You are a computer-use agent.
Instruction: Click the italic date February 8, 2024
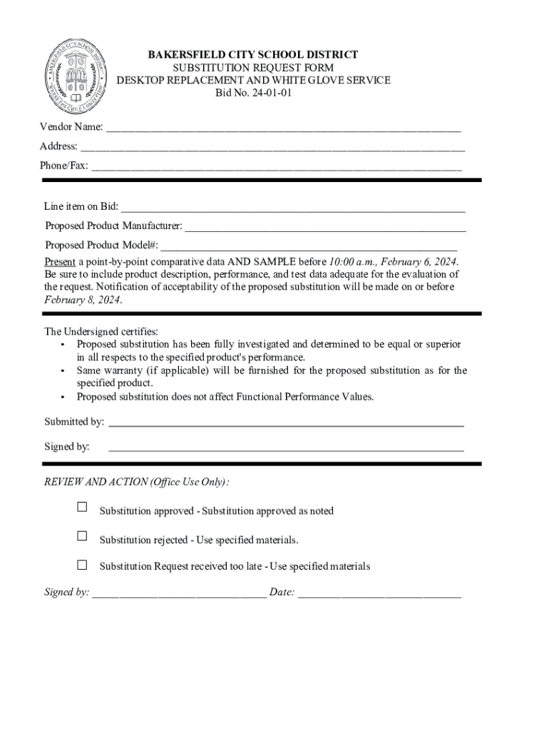pyautogui.click(x=83, y=300)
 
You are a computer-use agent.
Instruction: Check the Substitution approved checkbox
pyautogui.click(x=82, y=507)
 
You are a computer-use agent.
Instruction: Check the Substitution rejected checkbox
pyautogui.click(x=82, y=536)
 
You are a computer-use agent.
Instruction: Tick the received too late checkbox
pyautogui.click(x=82, y=565)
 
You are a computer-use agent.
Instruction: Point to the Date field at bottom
pyautogui.click(x=379, y=593)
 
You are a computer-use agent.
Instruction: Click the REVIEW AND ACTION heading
pyautogui.click(x=136, y=482)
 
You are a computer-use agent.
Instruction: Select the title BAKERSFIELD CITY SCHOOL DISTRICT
pyautogui.click(x=252, y=55)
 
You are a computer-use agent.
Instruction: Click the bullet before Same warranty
pyautogui.click(x=63, y=371)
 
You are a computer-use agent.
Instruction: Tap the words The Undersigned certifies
pyautogui.click(x=101, y=331)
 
